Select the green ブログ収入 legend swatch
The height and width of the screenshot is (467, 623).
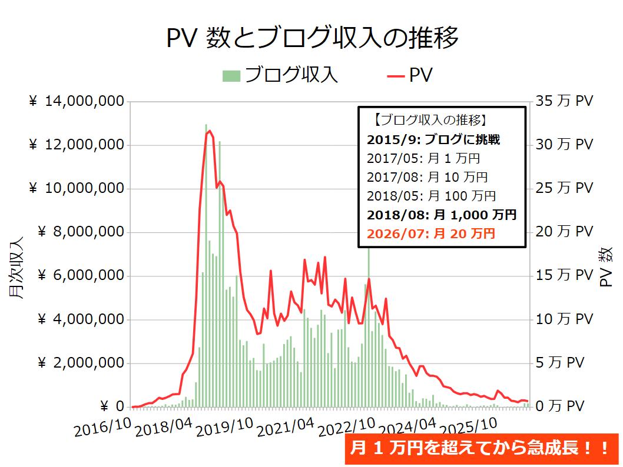pos(231,76)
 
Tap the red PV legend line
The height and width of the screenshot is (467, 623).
pos(395,76)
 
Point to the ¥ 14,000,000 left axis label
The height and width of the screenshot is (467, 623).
pos(77,101)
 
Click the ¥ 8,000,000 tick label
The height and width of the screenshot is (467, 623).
pos(81,232)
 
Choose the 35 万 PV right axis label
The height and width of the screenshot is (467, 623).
pos(564,101)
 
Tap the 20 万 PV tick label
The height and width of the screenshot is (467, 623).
pos(564,232)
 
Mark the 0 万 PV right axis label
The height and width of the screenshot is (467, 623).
pos(560,406)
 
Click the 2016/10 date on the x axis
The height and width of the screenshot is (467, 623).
pos(102,428)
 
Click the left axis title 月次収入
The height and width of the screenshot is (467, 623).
pos(16,268)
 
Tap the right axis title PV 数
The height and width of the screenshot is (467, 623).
pos(606,267)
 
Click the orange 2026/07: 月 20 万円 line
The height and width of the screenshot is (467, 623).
pos(430,233)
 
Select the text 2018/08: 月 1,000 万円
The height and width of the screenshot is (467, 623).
pos(442,215)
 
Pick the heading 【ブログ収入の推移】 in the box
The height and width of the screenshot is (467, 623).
pos(430,120)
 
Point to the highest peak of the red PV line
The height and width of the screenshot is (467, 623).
pos(209,131)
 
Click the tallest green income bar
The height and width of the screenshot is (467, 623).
pos(206,265)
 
